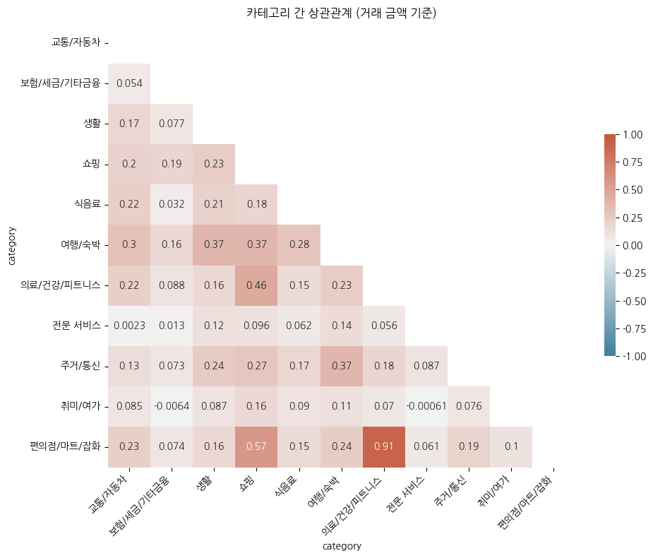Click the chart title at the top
341,13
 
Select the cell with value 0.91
384,447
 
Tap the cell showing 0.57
256,447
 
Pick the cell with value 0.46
256,285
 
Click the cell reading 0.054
129,83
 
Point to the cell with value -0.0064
172,406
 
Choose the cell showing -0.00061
426,406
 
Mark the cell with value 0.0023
129,326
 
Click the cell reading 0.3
129,245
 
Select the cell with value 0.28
299,245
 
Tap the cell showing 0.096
256,326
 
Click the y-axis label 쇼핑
91,165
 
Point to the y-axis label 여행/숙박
81,245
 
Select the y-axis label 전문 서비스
76,326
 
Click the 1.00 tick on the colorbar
633,134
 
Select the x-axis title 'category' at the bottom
342,546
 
